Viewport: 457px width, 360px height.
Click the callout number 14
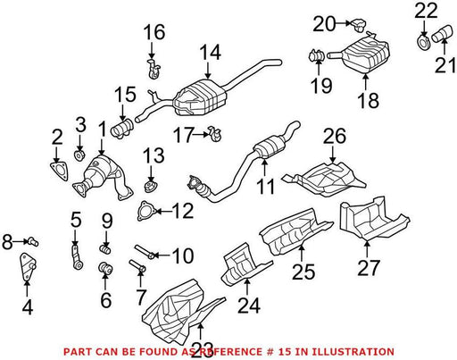pyautogui.click(x=210, y=53)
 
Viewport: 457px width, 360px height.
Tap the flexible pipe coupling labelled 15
pyautogui.click(x=122, y=128)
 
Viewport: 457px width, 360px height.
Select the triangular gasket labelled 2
pyautogui.click(x=59, y=172)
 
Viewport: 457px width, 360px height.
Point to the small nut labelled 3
pyautogui.click(x=79, y=155)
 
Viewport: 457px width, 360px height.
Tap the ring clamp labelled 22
pyautogui.click(x=423, y=44)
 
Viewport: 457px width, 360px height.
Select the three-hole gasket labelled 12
pyautogui.click(x=145, y=211)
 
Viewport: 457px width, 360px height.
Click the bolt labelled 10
pyautogui.click(x=145, y=251)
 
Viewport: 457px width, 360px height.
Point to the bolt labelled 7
pyautogui.click(x=137, y=265)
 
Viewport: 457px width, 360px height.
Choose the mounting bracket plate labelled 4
pyautogui.click(x=28, y=266)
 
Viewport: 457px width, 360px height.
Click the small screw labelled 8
pyautogui.click(x=33, y=241)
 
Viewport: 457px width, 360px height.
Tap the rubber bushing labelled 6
pyautogui.click(x=105, y=268)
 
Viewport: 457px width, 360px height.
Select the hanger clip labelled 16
pyautogui.click(x=154, y=69)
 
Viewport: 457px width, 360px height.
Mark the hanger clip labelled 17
pyautogui.click(x=215, y=134)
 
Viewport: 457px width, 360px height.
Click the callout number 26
pyautogui.click(x=335, y=137)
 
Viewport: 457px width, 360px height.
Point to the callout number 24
pyautogui.click(x=249, y=305)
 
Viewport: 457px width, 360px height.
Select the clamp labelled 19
pyautogui.click(x=316, y=56)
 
